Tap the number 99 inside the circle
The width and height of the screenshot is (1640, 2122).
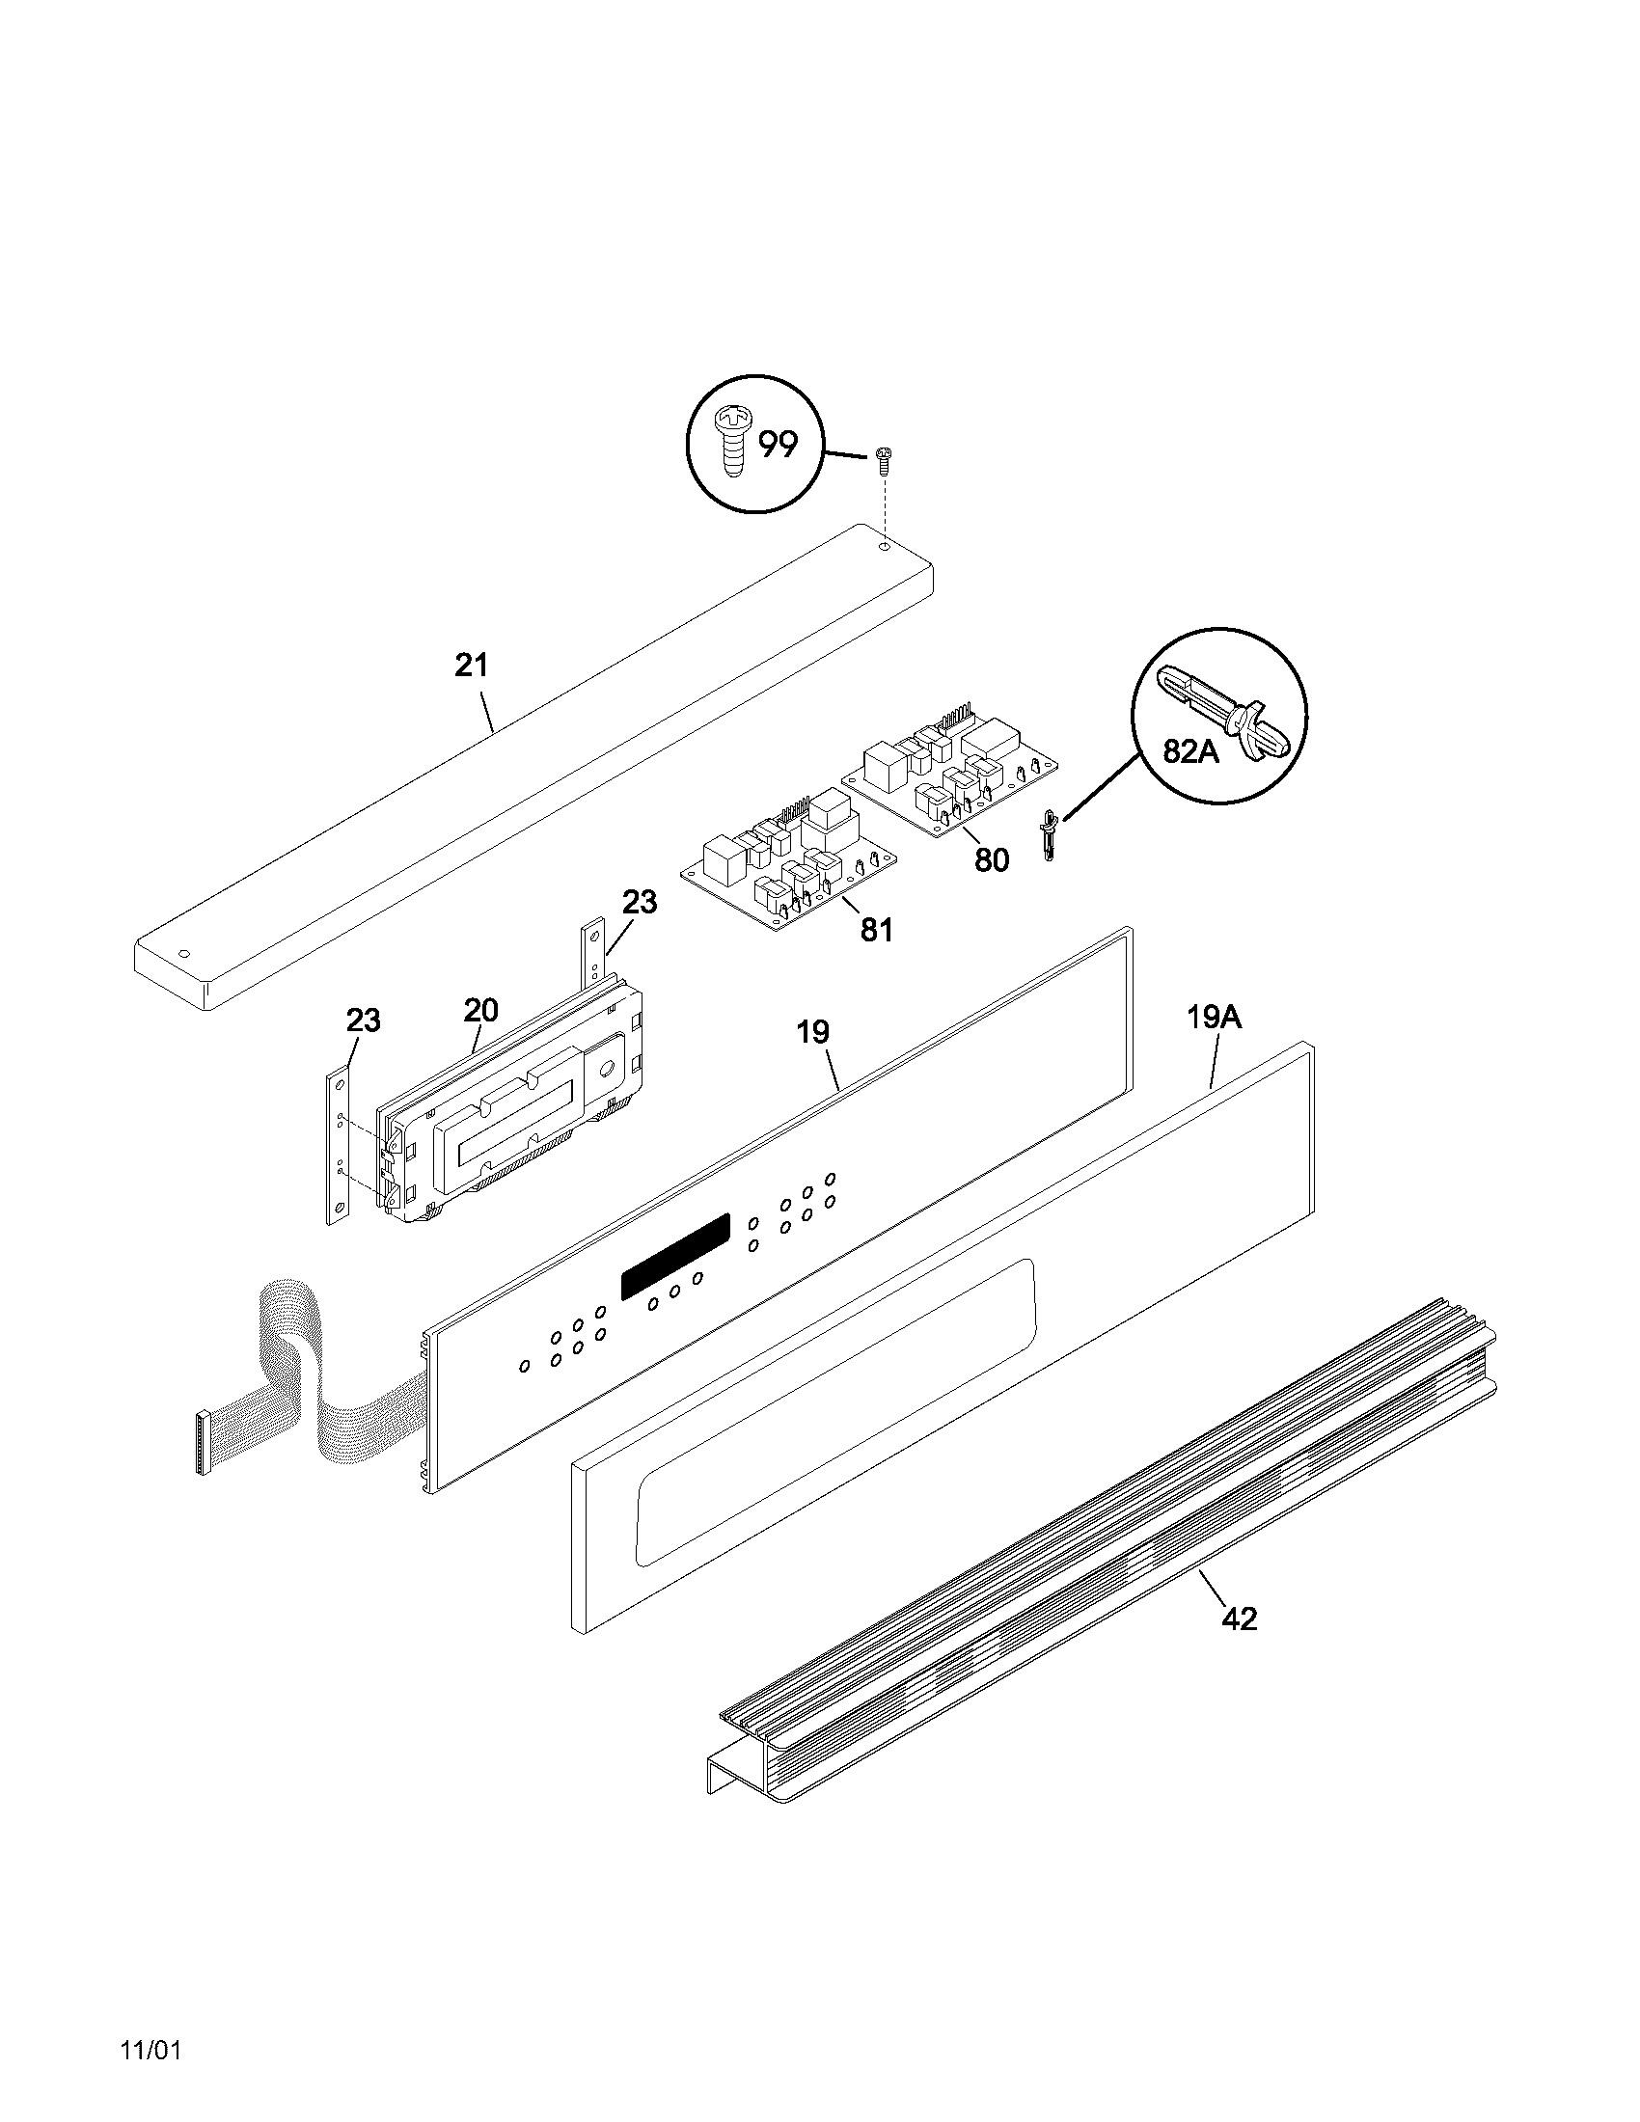point(778,445)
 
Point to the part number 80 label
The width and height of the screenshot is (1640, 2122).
point(991,858)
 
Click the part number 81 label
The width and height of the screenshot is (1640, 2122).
point(876,930)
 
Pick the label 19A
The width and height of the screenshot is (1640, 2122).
point(1215,1019)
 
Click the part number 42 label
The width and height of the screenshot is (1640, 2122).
point(1240,1619)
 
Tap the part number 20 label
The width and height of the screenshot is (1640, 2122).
point(480,1011)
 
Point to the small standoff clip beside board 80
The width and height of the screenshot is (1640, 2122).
point(1049,833)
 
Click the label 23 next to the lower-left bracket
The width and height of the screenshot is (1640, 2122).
point(364,1020)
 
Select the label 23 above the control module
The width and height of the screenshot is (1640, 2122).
point(640,902)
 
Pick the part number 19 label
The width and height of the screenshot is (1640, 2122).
point(813,1032)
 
